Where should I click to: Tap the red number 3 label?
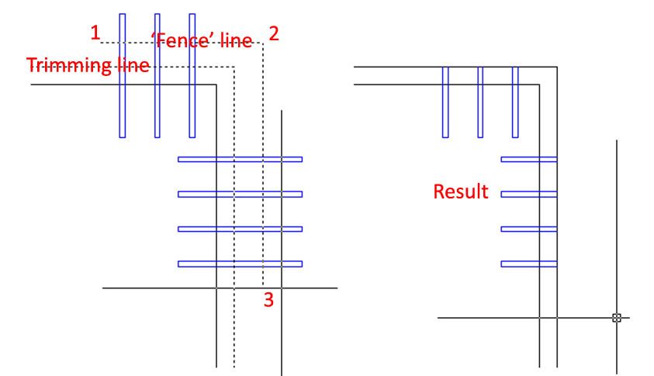tap(268, 300)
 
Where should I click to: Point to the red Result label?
tap(461, 191)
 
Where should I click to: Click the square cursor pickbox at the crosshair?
tap(617, 317)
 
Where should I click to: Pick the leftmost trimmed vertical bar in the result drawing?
tap(445, 102)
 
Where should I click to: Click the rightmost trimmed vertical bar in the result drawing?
tap(515, 102)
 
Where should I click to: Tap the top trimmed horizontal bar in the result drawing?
tap(529, 160)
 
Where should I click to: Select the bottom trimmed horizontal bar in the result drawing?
tap(529, 264)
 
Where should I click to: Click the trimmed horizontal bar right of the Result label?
tap(529, 195)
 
